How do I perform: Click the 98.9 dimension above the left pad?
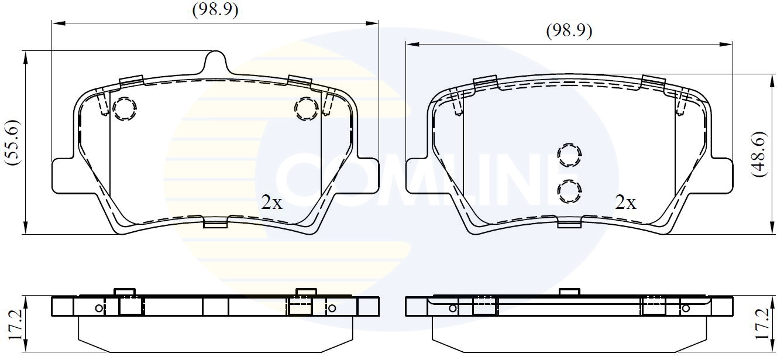pyautogui.click(x=215, y=11)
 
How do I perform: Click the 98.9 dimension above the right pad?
pyautogui.click(x=569, y=31)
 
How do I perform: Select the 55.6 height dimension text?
pyautogui.click(x=12, y=143)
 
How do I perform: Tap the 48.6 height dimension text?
pyautogui.click(x=759, y=153)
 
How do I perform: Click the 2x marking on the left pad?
pyautogui.click(x=271, y=203)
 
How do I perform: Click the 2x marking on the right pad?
pyautogui.click(x=625, y=203)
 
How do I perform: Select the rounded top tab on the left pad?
pyautogui.click(x=215, y=61)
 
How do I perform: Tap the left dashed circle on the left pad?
pyautogui.click(x=124, y=109)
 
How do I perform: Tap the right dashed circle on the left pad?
pyautogui.click(x=306, y=108)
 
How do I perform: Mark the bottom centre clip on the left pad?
pyautogui.click(x=215, y=223)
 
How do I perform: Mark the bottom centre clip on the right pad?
pyautogui.click(x=569, y=223)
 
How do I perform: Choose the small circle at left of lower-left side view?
pyautogui.click(x=99, y=308)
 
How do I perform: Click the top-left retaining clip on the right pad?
pyautogui.click(x=485, y=83)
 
